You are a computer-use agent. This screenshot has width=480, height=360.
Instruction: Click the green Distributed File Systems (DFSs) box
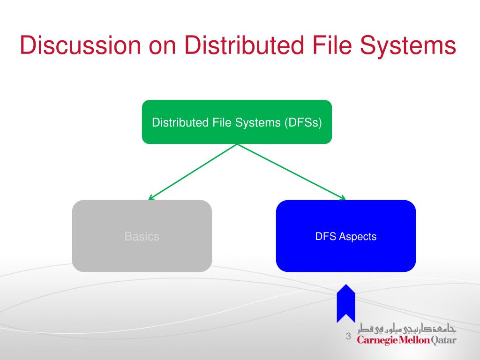click(x=237, y=122)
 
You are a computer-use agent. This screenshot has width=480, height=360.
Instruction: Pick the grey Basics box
click(x=142, y=236)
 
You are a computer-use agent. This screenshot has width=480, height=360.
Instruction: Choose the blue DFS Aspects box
click(x=346, y=236)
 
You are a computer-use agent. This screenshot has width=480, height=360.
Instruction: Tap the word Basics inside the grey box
click(x=142, y=237)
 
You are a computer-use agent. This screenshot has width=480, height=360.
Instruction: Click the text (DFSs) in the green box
click(x=302, y=123)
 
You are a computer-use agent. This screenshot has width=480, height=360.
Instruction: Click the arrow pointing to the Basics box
click(x=192, y=172)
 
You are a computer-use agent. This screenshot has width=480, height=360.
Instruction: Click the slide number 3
click(x=348, y=336)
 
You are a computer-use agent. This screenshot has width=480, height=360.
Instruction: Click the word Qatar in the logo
click(x=443, y=340)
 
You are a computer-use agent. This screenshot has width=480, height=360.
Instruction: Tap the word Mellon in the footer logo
click(x=414, y=340)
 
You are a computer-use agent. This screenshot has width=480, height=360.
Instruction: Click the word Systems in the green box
click(x=261, y=123)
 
